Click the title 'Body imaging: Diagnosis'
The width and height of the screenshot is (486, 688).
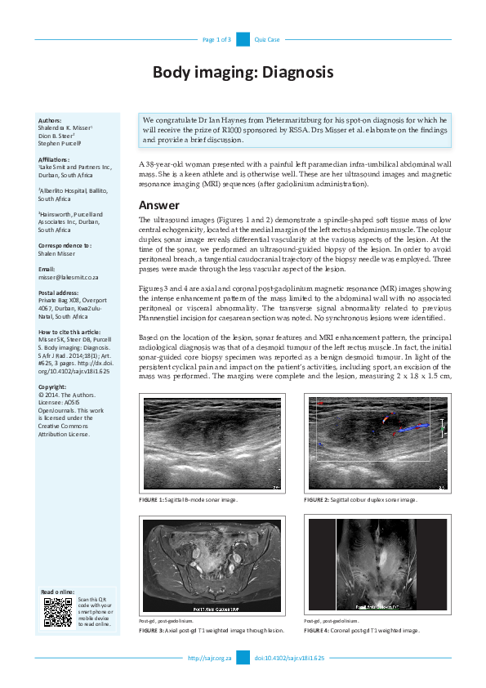pyautogui.click(x=243, y=72)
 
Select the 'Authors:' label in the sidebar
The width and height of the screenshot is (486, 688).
pyautogui.click(x=50, y=120)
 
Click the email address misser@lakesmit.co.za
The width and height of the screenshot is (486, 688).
pyautogui.click(x=72, y=277)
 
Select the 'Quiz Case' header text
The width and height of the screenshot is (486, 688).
pyautogui.click(x=267, y=39)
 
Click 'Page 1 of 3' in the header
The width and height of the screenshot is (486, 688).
pyautogui.click(x=216, y=39)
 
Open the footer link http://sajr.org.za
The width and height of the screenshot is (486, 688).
pyautogui.click(x=210, y=658)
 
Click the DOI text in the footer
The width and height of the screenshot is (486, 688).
pyautogui.click(x=290, y=658)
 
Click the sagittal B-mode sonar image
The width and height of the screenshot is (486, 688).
pyautogui.click(x=212, y=443)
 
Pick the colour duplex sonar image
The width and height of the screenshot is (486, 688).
pyautogui.click(x=377, y=443)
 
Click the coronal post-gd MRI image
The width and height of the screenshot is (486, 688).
pyautogui.click(x=377, y=564)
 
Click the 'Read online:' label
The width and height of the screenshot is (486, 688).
pyautogui.click(x=57, y=592)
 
